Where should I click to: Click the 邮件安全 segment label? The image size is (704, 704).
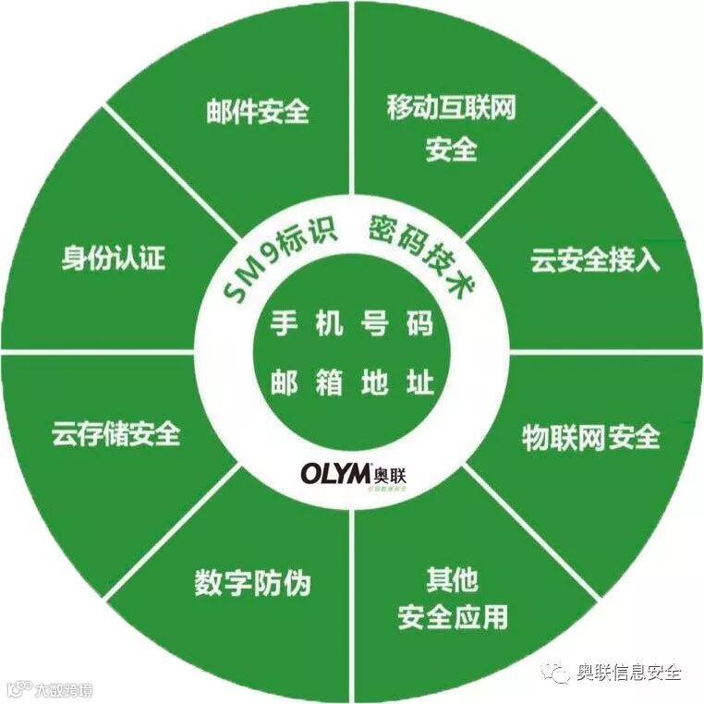(x=257, y=112)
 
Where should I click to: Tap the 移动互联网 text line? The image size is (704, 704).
(x=451, y=108)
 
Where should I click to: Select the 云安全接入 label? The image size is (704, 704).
(x=595, y=261)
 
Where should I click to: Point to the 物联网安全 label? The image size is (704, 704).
(x=591, y=436)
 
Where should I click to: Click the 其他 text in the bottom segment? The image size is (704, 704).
(x=452, y=580)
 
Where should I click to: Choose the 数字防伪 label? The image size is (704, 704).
(x=252, y=583)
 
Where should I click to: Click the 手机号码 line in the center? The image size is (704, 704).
(x=352, y=325)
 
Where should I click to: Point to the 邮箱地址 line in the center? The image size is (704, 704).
(x=352, y=382)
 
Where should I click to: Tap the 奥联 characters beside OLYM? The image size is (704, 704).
(x=390, y=472)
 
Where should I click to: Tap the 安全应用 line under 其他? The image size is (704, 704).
(x=452, y=617)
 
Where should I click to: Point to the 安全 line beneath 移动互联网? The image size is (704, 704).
(x=451, y=149)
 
